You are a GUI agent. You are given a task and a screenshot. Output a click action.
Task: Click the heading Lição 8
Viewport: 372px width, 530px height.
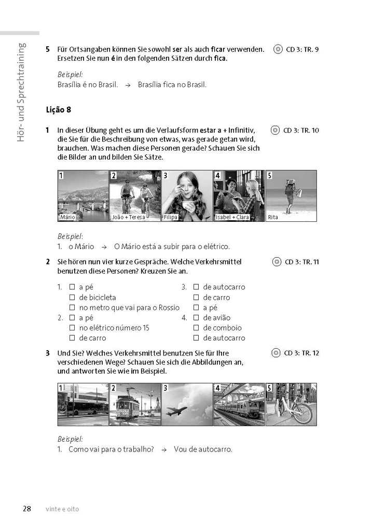pos(58,110)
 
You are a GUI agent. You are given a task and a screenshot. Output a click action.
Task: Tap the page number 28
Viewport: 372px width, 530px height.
pos(27,509)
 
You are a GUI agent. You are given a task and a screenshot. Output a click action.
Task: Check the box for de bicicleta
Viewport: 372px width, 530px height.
pos(73,297)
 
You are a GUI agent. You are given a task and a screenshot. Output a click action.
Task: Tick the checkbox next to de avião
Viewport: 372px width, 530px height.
pos(196,317)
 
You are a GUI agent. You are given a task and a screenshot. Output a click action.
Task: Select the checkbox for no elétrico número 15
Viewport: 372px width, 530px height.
pos(73,328)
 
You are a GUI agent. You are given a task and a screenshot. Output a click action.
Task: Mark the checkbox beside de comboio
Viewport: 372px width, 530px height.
pos(196,328)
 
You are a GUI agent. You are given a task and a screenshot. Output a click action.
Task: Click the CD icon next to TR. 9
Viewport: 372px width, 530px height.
pos(278,49)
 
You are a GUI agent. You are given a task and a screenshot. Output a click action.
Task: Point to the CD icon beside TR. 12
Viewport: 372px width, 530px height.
pos(276,353)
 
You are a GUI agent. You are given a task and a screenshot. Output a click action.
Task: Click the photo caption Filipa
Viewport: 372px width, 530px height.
pos(171,217)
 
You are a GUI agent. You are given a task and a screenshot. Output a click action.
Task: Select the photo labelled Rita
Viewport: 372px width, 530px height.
pos(291,195)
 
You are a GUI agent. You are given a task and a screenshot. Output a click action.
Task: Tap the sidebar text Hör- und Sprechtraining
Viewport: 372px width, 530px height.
pos(21,92)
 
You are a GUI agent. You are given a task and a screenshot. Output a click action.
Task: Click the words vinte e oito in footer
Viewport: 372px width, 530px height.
pos(62,509)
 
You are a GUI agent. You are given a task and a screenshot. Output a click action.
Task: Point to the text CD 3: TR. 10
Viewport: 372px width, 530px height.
pos(301,130)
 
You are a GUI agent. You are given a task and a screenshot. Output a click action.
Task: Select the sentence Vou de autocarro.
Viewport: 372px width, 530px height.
pos(203,449)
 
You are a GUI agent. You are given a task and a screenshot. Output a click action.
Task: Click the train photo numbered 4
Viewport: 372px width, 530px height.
pos(239,405)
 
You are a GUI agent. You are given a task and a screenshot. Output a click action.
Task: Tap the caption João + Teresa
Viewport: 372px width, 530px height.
pos(128,217)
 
